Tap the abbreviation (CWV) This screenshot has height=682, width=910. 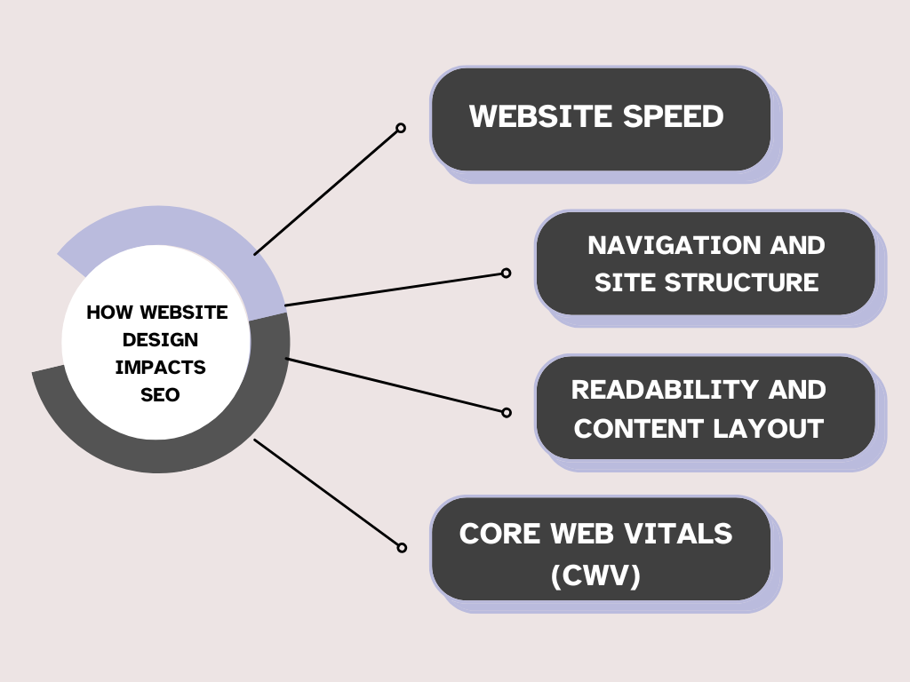click(x=595, y=575)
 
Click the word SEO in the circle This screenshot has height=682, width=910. click(x=160, y=394)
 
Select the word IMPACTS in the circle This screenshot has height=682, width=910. click(x=160, y=367)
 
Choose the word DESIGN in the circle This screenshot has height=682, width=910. click(x=160, y=339)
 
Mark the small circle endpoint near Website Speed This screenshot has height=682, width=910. click(x=401, y=128)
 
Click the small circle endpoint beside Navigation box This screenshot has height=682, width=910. click(x=506, y=273)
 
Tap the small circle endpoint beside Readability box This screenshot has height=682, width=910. click(x=507, y=412)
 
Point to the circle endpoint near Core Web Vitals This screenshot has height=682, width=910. click(x=402, y=548)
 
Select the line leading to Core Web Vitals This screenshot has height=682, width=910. click(x=327, y=493)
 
